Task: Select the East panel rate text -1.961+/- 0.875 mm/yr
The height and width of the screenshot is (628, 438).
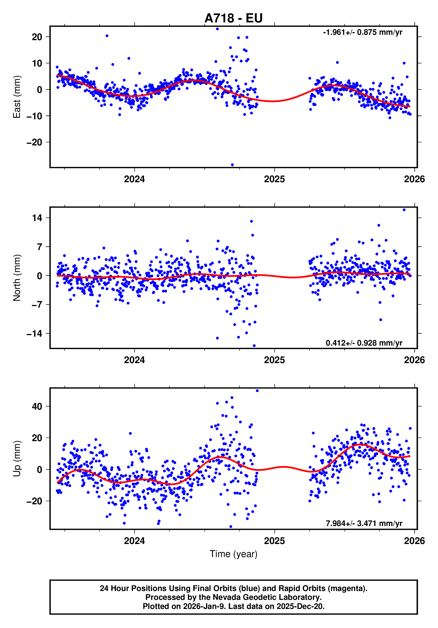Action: [x=362, y=32]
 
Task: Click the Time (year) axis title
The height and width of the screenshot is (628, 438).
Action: [x=233, y=554]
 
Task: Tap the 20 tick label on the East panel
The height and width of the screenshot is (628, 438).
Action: [x=37, y=37]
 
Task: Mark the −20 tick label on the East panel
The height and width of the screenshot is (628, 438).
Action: [x=34, y=142]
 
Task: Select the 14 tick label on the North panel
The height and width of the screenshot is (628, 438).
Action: [x=37, y=218]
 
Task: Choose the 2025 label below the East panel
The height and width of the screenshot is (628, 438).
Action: [x=274, y=179]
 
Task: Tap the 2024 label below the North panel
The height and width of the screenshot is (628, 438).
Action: [x=134, y=360]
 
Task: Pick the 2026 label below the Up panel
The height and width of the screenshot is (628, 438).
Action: [x=414, y=541]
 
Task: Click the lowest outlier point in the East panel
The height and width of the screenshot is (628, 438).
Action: [x=232, y=165]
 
